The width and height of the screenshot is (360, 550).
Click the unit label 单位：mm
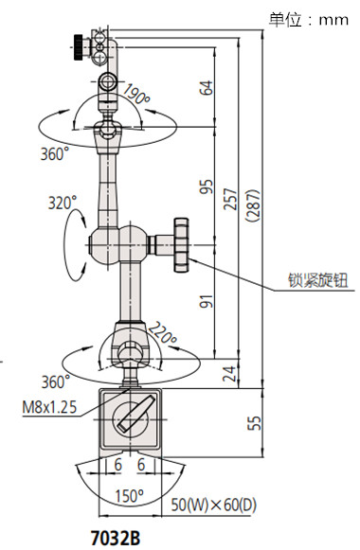point(309,17)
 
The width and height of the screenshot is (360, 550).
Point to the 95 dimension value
point(207,187)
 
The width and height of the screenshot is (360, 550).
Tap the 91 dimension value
point(207,301)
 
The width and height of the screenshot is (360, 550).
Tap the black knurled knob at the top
point(77,43)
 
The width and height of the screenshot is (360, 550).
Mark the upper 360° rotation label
point(54,152)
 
